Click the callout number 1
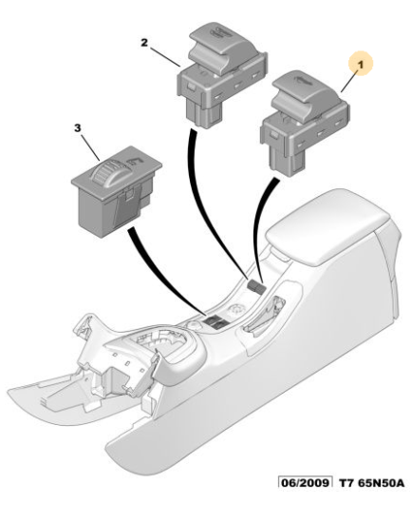pos(361,65)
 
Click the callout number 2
pos(144,43)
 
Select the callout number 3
pos(77,127)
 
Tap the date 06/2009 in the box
pos(305,483)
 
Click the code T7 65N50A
pos(372,483)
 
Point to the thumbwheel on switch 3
pos(104,173)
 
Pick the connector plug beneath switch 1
pos(287,161)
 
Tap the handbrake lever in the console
pos(267,314)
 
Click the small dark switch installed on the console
pos(255,286)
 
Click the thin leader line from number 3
pos(90,146)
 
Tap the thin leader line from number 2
pos(165,57)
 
